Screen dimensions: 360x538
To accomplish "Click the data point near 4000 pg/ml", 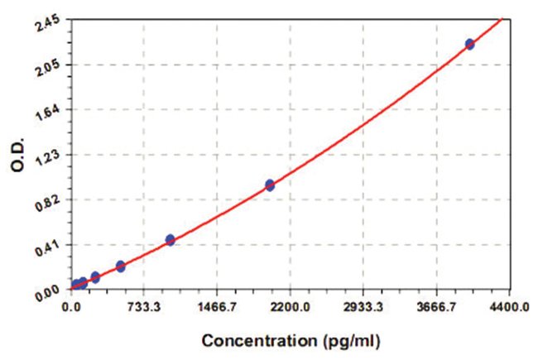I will click(469, 44).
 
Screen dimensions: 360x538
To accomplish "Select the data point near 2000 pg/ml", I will click(270, 185).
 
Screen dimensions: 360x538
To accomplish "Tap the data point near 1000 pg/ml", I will click(171, 240).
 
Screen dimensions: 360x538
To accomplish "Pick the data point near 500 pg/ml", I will click(121, 266).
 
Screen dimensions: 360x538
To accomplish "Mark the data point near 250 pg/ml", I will click(95, 277).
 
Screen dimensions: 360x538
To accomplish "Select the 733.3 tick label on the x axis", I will click(144, 306).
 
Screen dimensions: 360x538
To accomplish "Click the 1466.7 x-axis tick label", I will click(217, 306).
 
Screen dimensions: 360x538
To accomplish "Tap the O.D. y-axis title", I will click(18, 156).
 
